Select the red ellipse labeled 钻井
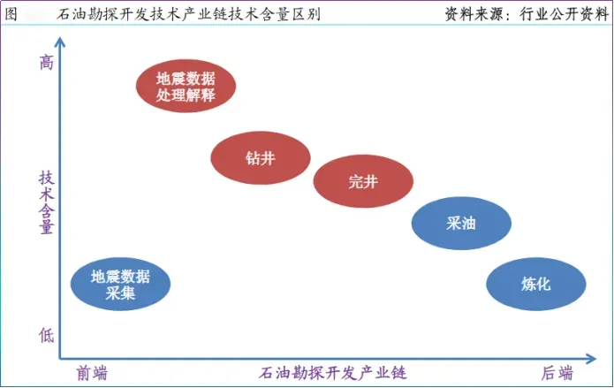(x=260, y=159)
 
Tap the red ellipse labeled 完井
(x=363, y=181)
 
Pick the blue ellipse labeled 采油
(x=461, y=223)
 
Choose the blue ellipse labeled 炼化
(x=536, y=284)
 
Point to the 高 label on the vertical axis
(x=46, y=63)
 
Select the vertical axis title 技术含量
(x=46, y=202)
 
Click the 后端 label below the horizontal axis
(x=557, y=372)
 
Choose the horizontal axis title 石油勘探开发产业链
(x=333, y=372)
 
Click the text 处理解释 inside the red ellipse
(x=185, y=95)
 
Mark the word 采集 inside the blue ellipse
(x=120, y=293)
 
